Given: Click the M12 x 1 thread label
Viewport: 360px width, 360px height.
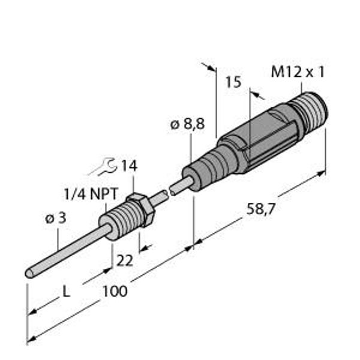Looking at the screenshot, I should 298,73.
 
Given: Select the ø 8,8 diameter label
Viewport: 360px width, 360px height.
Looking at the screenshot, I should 187,125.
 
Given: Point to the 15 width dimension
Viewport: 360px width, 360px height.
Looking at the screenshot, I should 233,82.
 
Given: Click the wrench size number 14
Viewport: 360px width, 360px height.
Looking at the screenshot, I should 128,166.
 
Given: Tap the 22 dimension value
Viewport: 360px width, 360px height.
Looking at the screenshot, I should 125,262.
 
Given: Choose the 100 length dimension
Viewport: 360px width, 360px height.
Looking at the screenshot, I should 115,292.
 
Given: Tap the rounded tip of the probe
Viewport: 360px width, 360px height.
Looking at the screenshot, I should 29,274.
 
